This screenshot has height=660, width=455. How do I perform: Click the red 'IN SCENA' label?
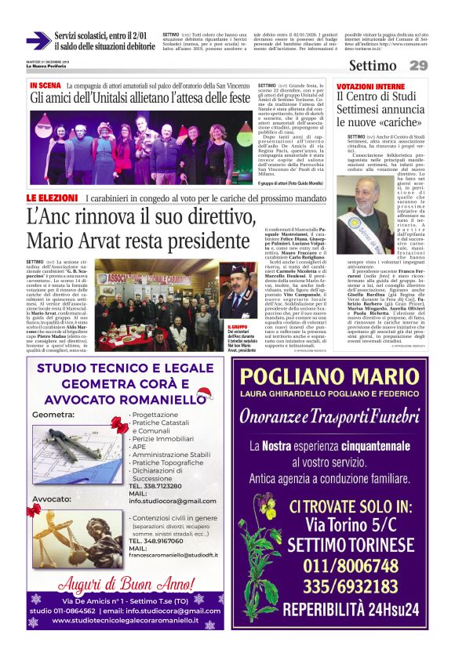45,85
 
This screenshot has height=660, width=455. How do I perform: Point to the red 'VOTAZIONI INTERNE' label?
370,85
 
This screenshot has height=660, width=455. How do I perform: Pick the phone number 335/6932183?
340,586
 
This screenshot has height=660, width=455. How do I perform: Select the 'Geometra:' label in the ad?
54,413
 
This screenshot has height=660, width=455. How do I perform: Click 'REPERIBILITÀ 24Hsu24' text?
340,609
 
